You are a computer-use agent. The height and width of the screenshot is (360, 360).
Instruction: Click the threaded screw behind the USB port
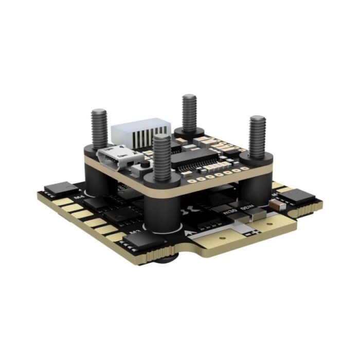99,127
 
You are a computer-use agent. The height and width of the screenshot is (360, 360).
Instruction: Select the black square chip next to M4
58,188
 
